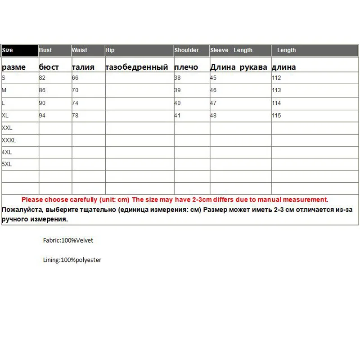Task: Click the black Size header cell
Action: coord(20,50)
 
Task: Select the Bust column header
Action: coord(45,50)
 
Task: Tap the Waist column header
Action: coord(80,50)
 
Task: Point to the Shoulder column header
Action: coord(186,50)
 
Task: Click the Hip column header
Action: coord(110,50)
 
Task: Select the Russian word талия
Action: coord(83,67)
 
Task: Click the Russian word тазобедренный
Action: coord(137,67)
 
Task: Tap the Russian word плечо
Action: coord(186,67)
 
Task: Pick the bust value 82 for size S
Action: coord(43,78)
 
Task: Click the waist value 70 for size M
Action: coord(75,90)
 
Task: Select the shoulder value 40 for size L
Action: coord(177,103)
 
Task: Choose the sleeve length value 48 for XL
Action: coord(213,116)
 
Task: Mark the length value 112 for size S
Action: coord(276,78)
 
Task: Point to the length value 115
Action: coord(276,116)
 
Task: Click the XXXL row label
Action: coord(9,140)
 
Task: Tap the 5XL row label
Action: coord(7,164)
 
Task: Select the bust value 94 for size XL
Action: coord(43,116)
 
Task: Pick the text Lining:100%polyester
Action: coord(72,260)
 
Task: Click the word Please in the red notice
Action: coord(32,199)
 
